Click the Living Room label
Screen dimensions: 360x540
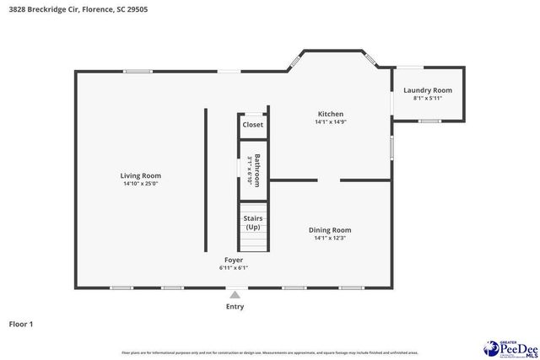140,175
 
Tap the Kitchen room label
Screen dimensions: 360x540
330,114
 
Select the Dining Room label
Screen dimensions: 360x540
329,229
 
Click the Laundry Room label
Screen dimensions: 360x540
427,90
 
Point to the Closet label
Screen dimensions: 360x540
252,125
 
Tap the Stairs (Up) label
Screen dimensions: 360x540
252,223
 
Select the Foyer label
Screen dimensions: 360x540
234,259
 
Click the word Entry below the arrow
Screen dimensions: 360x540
235,307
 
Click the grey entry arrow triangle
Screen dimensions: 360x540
235,295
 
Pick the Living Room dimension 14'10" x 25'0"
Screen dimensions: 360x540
140,184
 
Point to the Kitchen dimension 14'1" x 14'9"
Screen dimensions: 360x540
330,122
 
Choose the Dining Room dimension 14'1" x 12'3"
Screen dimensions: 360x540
329,238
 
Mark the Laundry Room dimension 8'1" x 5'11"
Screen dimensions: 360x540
427,98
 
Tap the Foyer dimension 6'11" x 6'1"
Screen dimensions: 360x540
234,267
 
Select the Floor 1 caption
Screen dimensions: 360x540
21,324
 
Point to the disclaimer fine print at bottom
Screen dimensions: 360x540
270,352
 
